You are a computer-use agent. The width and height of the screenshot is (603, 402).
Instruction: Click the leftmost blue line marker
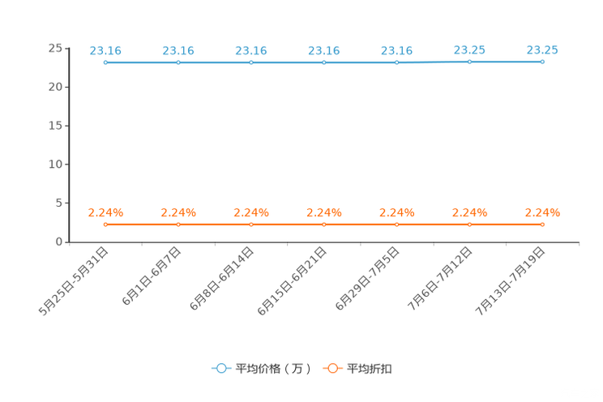(105, 62)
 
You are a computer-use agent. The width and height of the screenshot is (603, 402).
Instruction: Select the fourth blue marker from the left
(324, 62)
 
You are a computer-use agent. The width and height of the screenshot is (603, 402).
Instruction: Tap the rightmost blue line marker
(542, 62)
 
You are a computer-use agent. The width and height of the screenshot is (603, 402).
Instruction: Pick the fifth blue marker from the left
(397, 62)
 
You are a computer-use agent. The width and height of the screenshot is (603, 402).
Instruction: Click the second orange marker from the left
(178, 224)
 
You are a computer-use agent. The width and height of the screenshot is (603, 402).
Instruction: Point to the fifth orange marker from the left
(397, 224)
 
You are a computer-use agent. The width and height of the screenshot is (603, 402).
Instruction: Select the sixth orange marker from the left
(470, 224)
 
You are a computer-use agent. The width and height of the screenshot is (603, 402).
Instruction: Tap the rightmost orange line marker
(542, 224)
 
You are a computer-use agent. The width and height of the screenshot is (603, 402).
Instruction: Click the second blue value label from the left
(178, 50)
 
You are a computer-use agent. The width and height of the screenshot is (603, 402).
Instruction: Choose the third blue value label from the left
(251, 50)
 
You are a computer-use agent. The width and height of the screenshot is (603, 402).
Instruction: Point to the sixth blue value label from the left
(470, 50)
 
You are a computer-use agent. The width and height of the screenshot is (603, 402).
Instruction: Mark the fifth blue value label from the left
(397, 50)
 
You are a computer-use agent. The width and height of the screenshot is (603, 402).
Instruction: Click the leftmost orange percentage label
(105, 213)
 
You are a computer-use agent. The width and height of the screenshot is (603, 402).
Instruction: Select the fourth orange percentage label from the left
(324, 213)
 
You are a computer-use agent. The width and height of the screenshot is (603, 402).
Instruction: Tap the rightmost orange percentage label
(542, 213)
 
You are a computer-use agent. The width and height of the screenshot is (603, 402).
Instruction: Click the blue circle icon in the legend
(221, 368)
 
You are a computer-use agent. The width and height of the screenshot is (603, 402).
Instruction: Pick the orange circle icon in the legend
(332, 368)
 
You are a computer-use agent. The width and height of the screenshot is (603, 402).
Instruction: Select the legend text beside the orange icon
(370, 369)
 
